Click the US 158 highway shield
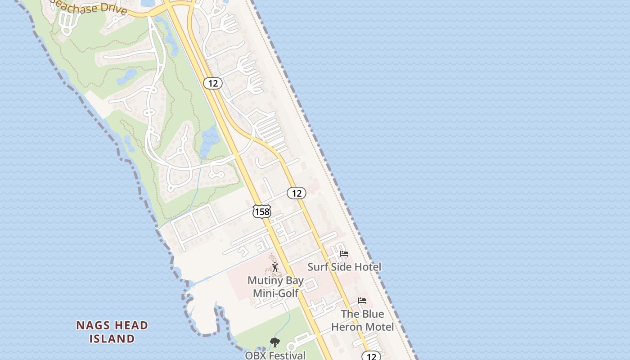261,211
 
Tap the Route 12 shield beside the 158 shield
297,193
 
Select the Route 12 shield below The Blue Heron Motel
371,356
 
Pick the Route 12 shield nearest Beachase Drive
213,83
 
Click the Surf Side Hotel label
344,267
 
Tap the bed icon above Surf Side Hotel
344,254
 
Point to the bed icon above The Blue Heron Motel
362,301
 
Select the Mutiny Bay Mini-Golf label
275,287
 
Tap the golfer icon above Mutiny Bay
275,267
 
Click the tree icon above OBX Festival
274,342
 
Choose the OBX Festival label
275,355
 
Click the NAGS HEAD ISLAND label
112,332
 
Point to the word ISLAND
112,338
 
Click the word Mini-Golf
275,293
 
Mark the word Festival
288,355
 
